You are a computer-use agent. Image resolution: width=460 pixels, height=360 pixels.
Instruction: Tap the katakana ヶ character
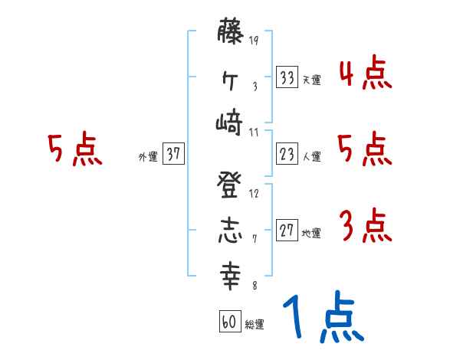231,78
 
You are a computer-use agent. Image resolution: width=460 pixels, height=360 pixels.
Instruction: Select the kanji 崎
231,122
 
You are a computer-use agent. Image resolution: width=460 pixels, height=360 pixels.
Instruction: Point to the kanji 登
231,184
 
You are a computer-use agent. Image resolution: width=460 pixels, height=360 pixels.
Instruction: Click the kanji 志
231,230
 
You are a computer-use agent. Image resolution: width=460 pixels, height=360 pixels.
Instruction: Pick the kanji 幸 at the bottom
231,273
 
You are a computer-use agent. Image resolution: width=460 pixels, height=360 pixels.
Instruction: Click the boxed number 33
287,77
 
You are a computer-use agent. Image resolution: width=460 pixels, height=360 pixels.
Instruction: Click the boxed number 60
228,322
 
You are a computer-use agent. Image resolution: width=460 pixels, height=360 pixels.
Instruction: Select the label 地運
311,233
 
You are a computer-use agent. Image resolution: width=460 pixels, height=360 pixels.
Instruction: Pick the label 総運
254,325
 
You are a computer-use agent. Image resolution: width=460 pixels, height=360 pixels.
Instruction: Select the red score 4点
365,74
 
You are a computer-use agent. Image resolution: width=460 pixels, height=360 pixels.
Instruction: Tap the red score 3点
365,227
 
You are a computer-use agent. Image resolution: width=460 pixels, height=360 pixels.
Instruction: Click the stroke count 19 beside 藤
254,40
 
